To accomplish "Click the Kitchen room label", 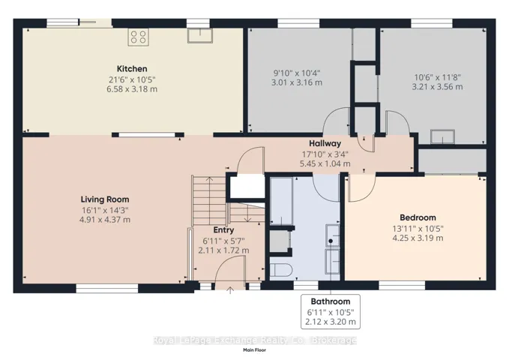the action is (x=132, y=69).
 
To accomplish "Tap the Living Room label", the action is (x=105, y=199).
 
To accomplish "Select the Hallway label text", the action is (x=325, y=143).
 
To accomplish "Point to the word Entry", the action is (x=223, y=230).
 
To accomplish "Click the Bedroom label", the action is (x=418, y=217).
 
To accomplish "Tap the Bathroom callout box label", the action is (x=331, y=301).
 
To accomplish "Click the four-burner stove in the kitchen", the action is (x=138, y=37).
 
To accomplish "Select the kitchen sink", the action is (x=200, y=36).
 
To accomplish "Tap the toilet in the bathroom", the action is (x=281, y=270).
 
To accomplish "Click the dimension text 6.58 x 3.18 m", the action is (x=132, y=89).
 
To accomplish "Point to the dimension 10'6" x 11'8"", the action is (x=438, y=77).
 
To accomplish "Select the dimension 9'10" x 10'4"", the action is (x=297, y=73).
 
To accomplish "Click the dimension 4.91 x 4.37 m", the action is (x=105, y=220).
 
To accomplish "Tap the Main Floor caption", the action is (x=255, y=350).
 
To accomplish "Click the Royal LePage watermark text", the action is (x=255, y=340).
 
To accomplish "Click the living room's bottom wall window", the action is (x=107, y=289).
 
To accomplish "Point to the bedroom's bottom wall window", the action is (x=402, y=286).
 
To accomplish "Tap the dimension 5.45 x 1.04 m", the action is (x=325, y=163).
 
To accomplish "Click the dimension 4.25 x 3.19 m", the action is (x=418, y=238).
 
